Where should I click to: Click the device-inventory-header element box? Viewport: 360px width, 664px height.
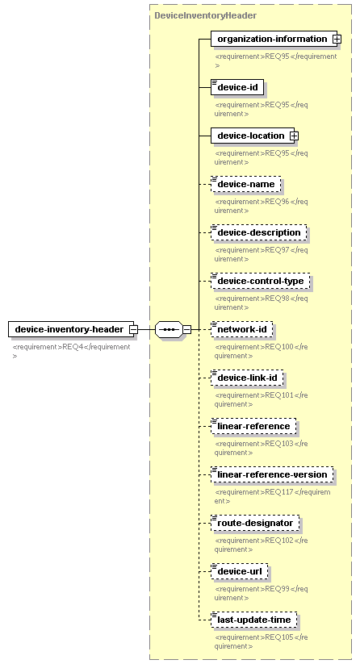pos(71,329)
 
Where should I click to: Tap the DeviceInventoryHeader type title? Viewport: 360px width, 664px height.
pos(205,15)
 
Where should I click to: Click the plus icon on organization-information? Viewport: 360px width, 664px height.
pos(337,39)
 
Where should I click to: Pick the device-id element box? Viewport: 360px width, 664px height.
pos(237,87)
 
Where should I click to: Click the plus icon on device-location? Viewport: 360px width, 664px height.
pos(294,136)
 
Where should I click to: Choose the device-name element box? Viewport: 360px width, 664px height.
pos(246,184)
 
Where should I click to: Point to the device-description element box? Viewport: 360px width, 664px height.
pos(259,232)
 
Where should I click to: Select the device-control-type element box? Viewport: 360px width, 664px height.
pos(261,282)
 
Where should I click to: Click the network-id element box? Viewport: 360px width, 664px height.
pos(242,329)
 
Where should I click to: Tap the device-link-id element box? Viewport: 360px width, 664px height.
pos(247,378)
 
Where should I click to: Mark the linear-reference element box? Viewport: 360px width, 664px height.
pos(253,427)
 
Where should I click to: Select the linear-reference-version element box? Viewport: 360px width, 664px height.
pos(272,474)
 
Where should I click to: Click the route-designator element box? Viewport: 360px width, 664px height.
pos(255,523)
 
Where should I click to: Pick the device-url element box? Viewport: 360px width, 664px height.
pos(240,572)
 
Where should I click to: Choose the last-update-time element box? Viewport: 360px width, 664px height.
pos(254,620)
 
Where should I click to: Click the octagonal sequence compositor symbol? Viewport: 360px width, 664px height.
pos(170,329)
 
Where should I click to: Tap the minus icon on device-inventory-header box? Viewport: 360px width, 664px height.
pos(133,329)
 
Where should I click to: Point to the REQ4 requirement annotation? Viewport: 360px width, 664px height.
pos(71,351)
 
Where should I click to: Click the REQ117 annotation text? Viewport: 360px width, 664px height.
pos(272,496)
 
